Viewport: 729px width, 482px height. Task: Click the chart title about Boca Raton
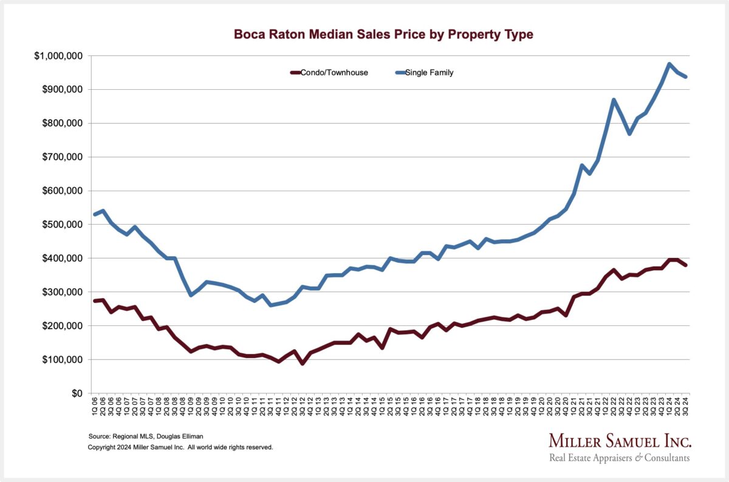tap(383, 35)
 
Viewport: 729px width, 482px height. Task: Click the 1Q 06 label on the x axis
tap(94, 406)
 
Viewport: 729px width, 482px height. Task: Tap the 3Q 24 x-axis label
tap(686, 406)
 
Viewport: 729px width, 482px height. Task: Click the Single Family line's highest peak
tap(669, 64)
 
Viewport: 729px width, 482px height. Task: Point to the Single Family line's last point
tap(686, 76)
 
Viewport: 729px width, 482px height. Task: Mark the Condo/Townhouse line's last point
tap(686, 265)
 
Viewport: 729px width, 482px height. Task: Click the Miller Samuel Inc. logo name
tap(620, 441)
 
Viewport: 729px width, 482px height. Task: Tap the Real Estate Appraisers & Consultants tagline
tap(619, 458)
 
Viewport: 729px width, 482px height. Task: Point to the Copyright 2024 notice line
tap(180, 447)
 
